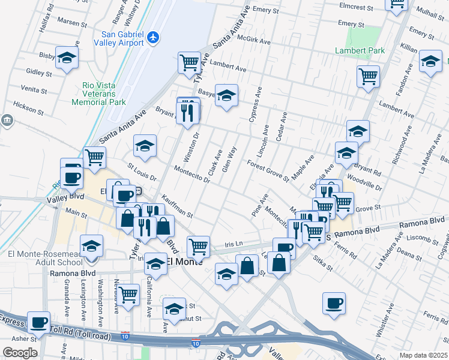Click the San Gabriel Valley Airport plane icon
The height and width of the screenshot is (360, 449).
(x=153, y=38)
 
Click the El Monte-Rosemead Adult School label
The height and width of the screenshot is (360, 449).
(x=45, y=258)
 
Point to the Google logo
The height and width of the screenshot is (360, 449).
(x=19, y=353)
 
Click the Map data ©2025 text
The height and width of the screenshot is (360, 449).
(x=424, y=355)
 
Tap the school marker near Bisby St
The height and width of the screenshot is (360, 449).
(x=67, y=58)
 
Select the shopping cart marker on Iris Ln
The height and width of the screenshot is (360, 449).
(x=198, y=246)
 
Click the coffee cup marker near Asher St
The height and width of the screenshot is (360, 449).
(x=39, y=322)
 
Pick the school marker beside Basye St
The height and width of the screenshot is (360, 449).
(x=226, y=95)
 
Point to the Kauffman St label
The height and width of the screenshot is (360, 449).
(x=176, y=206)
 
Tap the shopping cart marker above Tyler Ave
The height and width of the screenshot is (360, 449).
(x=189, y=62)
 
